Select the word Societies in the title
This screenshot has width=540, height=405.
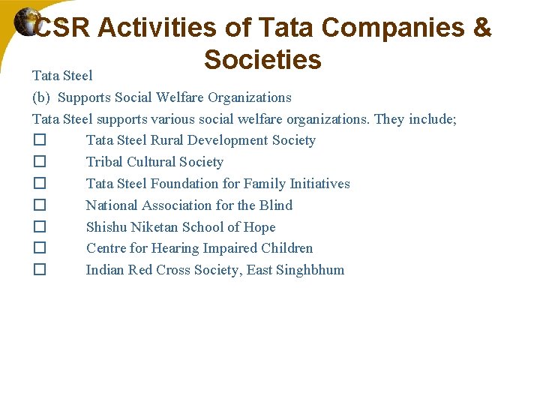pyautogui.click(x=262, y=59)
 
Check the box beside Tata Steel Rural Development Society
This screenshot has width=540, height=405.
pyautogui.click(x=40, y=141)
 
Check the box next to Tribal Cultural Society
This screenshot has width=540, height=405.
pyautogui.click(x=40, y=162)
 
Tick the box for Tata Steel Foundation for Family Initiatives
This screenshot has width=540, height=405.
pyautogui.click(x=40, y=184)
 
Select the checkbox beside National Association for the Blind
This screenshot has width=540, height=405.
pyautogui.click(x=40, y=205)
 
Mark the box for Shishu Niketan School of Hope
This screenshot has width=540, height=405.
pyautogui.click(x=40, y=227)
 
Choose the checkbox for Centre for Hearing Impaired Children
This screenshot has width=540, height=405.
pyautogui.click(x=40, y=248)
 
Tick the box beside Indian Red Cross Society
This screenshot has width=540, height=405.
pyautogui.click(x=40, y=270)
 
